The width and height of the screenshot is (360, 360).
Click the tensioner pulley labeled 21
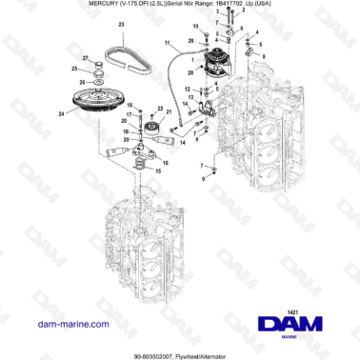click(x=150, y=124)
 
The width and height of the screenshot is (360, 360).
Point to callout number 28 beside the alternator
click(x=192, y=43)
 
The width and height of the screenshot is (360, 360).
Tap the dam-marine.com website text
click(x=52, y=326)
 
